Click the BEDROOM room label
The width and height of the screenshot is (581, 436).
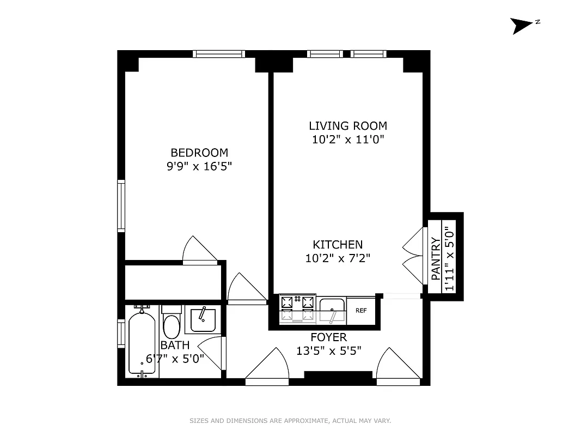(199, 153)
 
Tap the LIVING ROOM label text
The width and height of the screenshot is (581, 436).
(348, 126)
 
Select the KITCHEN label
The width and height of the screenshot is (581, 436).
(338, 245)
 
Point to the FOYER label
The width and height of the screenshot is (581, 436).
(328, 337)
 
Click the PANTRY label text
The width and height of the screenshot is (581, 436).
(436, 259)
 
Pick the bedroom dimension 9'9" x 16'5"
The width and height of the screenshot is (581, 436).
(199, 167)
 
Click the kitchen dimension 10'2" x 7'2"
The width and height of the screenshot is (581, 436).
(338, 258)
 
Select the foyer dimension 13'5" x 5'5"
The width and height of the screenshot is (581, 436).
(328, 351)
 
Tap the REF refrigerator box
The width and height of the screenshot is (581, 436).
(360, 311)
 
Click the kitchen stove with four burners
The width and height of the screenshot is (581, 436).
(298, 309)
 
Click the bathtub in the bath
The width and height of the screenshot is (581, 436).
(142, 342)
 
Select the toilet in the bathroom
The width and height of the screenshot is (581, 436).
(171, 322)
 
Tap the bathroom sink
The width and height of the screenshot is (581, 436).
(203, 319)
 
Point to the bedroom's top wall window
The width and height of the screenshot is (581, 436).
(219, 53)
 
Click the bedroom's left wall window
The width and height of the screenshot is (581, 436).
(121, 207)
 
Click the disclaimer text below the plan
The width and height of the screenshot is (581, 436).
(290, 421)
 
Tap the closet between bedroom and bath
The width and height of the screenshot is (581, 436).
(172, 281)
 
